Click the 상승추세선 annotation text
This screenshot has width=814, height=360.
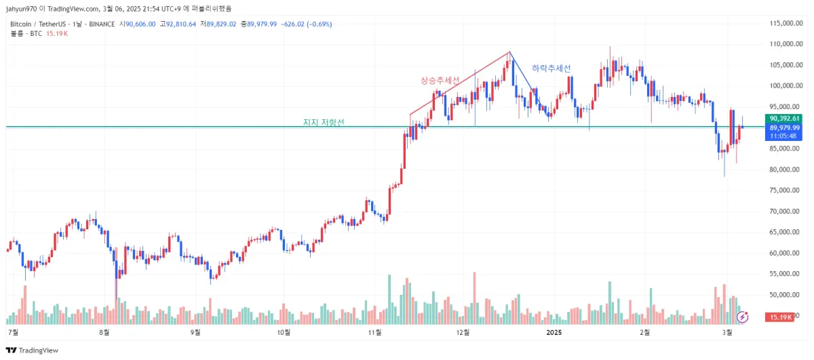[440, 81]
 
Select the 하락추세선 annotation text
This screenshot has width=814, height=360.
[551, 68]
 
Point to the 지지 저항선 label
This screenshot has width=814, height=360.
[324, 123]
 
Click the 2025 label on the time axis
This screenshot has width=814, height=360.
[554, 332]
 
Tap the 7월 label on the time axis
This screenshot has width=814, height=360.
[13, 332]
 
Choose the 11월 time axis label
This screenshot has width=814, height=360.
[374, 332]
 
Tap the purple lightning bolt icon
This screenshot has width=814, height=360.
[743, 316]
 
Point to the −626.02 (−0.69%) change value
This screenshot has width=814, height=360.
[306, 24]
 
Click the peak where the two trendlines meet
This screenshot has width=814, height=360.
[509, 52]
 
